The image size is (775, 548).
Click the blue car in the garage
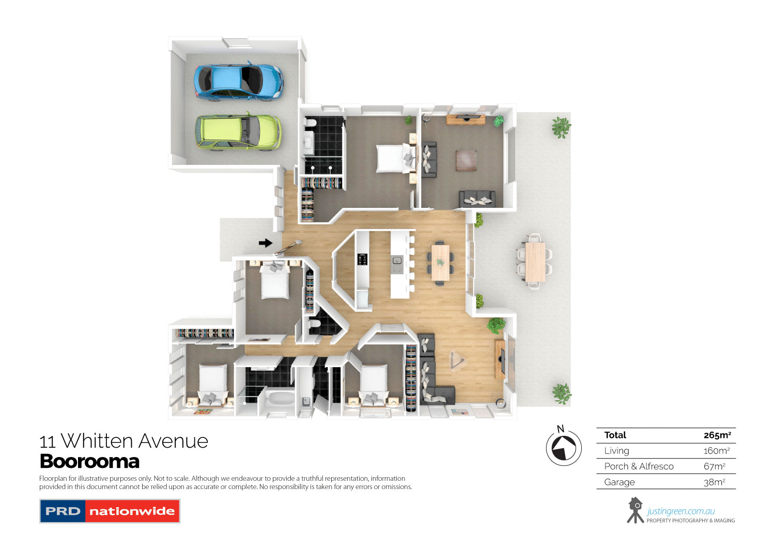(238, 82)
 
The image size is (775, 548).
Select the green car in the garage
(238, 132)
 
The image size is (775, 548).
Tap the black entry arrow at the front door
(265, 243)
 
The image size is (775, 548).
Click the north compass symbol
(564, 448)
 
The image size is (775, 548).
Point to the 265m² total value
(717, 435)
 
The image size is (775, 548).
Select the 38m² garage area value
(715, 482)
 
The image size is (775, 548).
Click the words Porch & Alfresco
(639, 466)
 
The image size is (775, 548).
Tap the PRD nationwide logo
(110, 511)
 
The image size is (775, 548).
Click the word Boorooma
(89, 461)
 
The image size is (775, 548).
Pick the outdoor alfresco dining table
(535, 262)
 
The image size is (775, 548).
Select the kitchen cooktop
(363, 260)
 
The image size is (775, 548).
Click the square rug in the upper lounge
(466, 160)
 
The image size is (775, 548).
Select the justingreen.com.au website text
(680, 511)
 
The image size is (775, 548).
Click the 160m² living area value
(716, 451)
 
